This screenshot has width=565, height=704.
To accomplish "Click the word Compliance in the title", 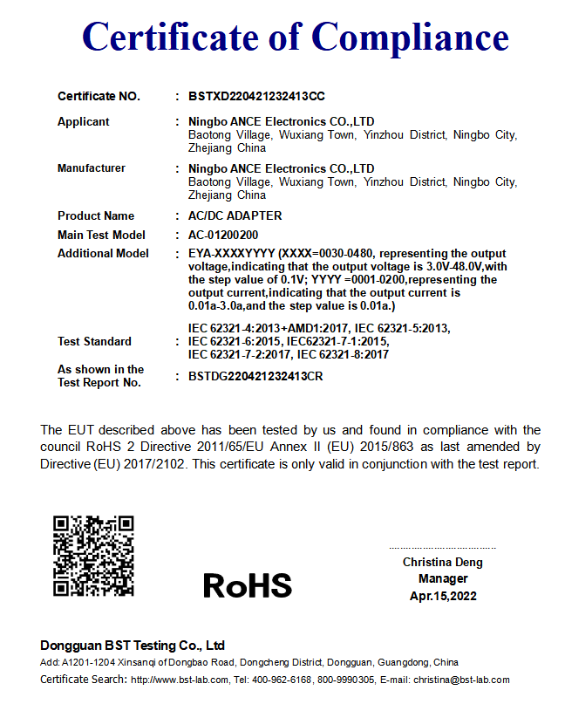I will tap(410, 37).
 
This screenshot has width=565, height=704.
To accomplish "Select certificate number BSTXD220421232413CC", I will tap(256, 96).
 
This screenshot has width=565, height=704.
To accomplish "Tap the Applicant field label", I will tap(84, 121).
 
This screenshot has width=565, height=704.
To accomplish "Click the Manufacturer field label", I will tap(92, 167).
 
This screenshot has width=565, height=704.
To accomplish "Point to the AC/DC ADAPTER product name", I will tap(235, 215).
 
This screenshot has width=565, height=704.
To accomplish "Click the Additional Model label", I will tap(103, 253).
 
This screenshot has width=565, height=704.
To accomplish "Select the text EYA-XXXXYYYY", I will tap(231, 254).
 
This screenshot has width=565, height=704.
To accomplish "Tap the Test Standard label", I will tap(94, 341).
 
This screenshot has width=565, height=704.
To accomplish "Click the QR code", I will tap(93, 556).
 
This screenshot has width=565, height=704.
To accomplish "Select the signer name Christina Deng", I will tap(442, 562).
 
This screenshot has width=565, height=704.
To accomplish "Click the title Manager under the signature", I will tap(443, 578).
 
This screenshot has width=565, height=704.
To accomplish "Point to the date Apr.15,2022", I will tap(443, 596).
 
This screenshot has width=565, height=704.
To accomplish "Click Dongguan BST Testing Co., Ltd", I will tap(133, 646).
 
